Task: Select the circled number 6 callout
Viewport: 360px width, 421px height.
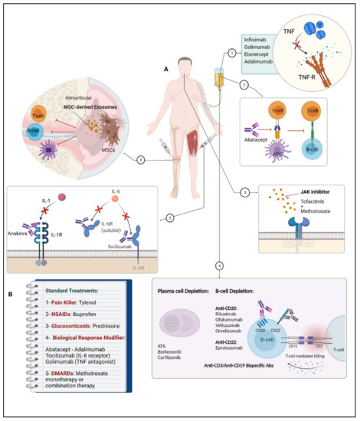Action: point(139,160)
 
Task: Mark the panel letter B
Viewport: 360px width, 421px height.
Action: point(9,292)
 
